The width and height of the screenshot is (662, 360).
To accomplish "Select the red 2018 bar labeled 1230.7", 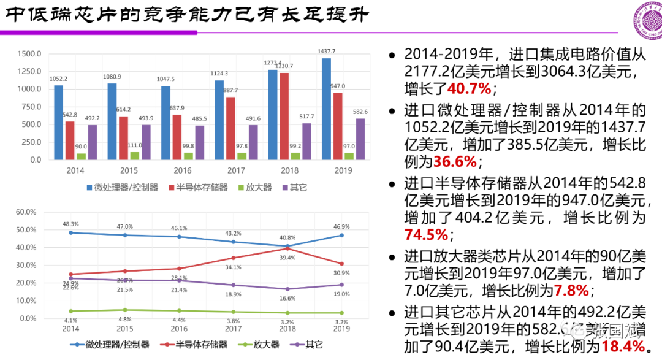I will (284, 116).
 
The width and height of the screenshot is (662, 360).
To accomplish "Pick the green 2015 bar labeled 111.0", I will (135, 156).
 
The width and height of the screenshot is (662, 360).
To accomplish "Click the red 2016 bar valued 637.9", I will (177, 137).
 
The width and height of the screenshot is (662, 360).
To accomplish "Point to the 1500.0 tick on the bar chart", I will (29, 53).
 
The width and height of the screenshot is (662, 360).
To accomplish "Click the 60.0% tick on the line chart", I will (27, 212).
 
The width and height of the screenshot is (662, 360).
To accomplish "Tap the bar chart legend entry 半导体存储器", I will (202, 186).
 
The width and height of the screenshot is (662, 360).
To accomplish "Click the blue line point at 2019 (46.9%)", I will (341, 235).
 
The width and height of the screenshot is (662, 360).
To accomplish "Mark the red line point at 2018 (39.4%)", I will (287, 248).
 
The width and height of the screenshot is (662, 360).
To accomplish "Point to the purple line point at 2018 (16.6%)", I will (287, 289).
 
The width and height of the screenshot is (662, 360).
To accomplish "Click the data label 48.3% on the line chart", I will (70, 224).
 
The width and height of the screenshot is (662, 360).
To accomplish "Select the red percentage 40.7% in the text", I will (470, 89).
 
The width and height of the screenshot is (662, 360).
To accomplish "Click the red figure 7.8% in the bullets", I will (571, 290).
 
